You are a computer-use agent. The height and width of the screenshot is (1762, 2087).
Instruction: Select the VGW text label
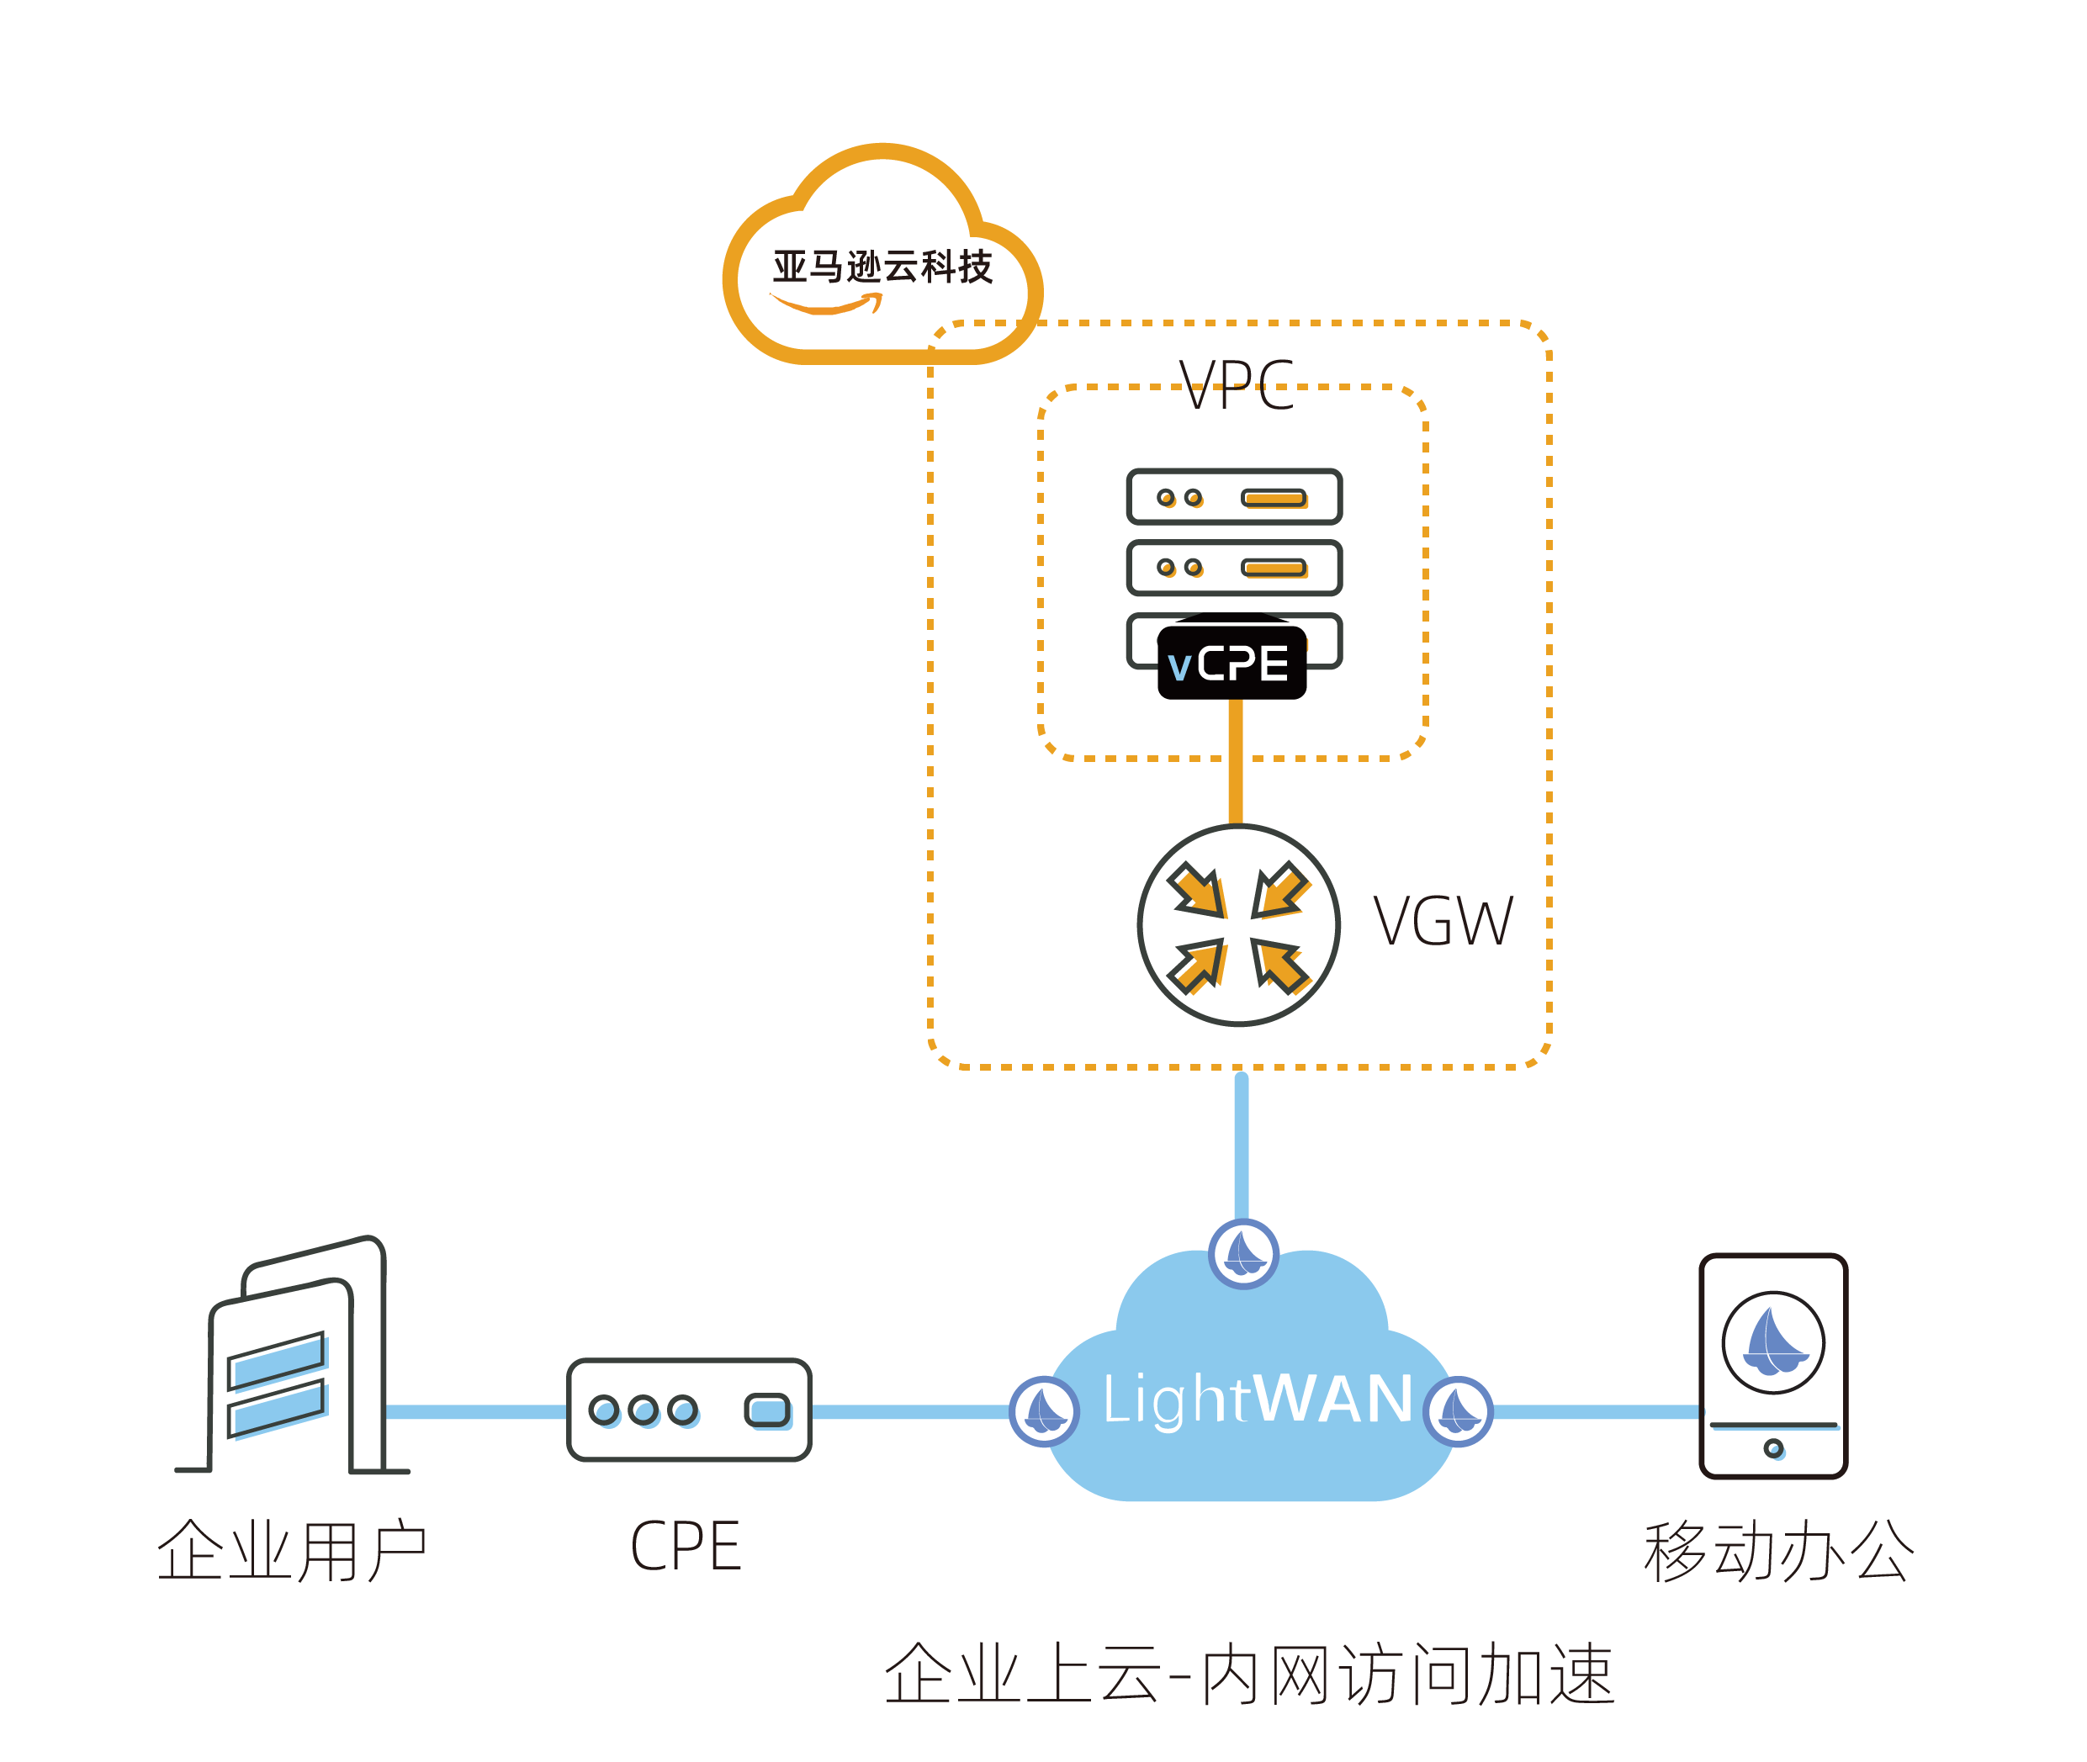click(1443, 921)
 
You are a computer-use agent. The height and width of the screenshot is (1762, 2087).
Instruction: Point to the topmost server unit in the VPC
click(1234, 496)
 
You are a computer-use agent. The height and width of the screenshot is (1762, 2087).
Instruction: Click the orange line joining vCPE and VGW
click(1236, 761)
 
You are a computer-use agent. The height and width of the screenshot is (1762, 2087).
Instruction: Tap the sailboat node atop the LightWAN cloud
click(1244, 1252)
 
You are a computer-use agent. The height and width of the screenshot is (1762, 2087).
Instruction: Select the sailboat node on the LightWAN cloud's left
click(1044, 1411)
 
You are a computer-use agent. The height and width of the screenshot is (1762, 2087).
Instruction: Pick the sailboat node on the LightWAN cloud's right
click(1458, 1411)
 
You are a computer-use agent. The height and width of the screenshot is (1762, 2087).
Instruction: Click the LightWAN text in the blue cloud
click(1257, 1399)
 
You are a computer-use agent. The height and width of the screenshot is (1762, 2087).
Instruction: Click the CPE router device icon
click(688, 1410)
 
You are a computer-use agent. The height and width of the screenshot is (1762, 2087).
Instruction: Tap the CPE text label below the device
click(686, 1546)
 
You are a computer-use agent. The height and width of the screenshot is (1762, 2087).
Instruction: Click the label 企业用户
click(292, 1551)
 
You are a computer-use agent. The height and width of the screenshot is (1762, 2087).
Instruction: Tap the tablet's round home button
click(1773, 1447)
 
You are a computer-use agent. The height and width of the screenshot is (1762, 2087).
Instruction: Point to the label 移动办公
click(1778, 1551)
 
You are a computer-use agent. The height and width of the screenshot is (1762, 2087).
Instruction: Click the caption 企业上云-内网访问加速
click(1249, 1675)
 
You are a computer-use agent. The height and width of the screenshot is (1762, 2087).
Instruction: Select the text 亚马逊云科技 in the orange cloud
click(882, 267)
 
